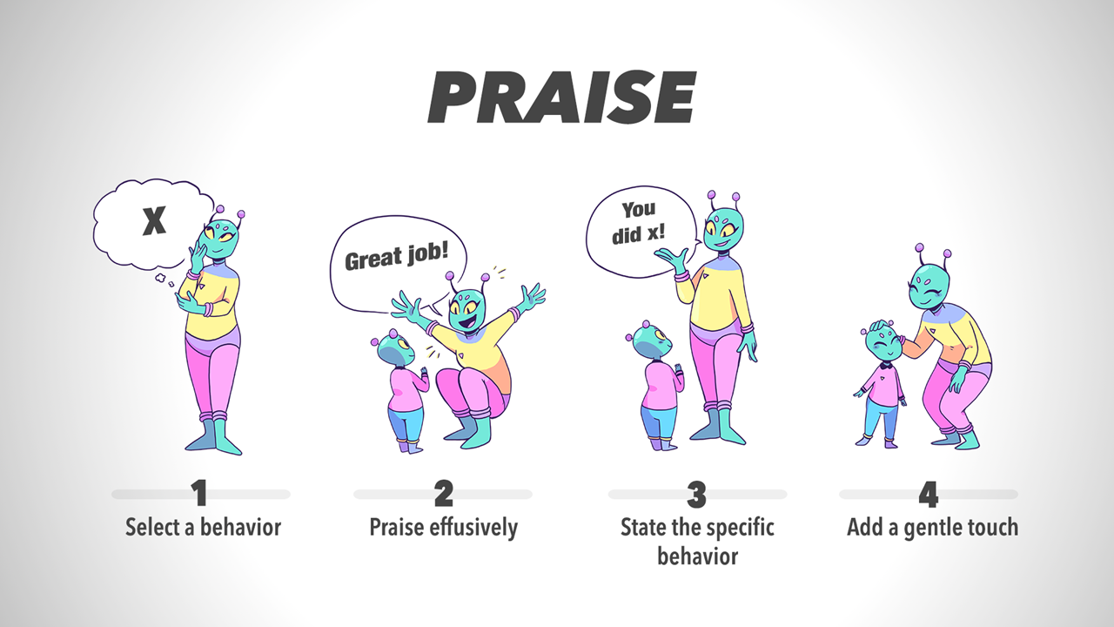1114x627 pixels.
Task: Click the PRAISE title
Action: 562,97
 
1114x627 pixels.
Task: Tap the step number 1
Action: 200,493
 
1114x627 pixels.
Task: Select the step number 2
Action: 444,493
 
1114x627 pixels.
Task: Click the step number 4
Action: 928,494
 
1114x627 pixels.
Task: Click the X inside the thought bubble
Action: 154,221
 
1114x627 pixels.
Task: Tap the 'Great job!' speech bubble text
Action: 396,256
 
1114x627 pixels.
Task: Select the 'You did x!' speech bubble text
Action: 638,222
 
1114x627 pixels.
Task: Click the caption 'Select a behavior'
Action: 203,528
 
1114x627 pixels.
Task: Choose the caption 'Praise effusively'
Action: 443,528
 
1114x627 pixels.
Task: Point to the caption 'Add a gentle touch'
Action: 932,528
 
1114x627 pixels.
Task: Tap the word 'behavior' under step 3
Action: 698,556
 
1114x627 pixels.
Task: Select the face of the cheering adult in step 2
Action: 466,311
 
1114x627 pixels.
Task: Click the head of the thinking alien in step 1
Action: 221,239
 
